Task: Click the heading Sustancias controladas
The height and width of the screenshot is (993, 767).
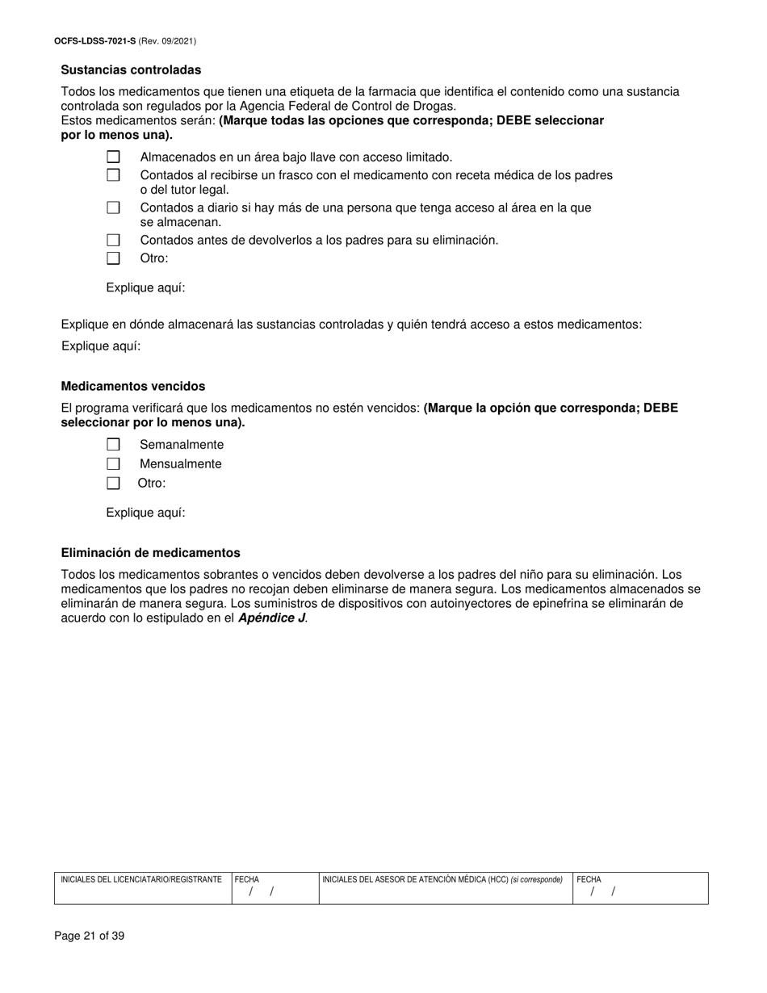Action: tap(131, 70)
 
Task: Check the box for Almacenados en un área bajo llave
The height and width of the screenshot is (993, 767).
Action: tap(113, 157)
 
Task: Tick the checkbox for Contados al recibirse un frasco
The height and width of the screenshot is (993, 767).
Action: tap(113, 175)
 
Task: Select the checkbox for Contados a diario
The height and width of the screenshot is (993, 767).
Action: tap(113, 207)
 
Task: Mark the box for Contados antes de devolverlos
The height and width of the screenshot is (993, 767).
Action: tap(113, 240)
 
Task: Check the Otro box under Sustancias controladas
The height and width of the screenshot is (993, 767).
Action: tap(113, 258)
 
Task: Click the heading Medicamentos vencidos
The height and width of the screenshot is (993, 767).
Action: tap(133, 387)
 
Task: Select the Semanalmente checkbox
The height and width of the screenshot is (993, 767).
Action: tap(113, 445)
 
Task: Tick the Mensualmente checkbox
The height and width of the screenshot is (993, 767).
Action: tap(113, 464)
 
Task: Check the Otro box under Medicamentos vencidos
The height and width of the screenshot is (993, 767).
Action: tap(113, 484)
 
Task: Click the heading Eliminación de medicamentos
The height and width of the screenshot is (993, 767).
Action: tap(150, 553)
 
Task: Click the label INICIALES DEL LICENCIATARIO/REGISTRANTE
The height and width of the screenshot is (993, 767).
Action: tap(141, 879)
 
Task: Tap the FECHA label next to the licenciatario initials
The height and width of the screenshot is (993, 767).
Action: tap(247, 879)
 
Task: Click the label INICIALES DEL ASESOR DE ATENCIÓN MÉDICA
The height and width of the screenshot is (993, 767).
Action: tap(415, 879)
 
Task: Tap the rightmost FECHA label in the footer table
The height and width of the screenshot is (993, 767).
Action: tap(589, 879)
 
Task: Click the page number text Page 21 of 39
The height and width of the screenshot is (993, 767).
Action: tap(90, 936)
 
